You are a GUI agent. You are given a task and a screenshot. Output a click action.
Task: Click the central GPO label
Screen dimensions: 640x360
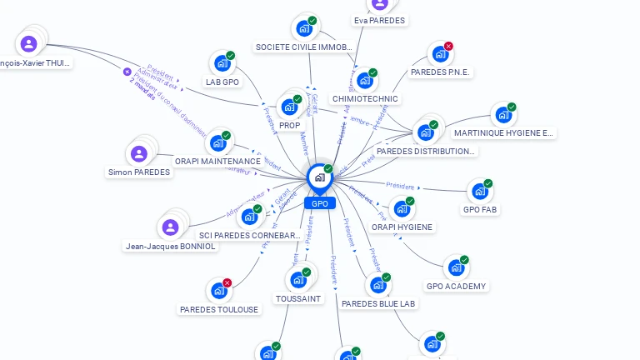320,203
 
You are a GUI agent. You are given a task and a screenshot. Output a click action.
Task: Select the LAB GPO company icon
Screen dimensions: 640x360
222,63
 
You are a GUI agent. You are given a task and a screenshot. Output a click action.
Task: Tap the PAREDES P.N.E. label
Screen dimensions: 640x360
441,72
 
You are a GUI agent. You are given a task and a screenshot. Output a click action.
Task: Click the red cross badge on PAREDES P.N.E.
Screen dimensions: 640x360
448,46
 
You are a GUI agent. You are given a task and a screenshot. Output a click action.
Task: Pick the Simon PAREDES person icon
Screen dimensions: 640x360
139,153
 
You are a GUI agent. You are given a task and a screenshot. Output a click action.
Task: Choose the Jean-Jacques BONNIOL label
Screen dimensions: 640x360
170,247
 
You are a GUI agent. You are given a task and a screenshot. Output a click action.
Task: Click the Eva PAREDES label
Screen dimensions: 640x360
379,21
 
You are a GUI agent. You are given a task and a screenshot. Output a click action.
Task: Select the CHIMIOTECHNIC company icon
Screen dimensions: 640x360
365,81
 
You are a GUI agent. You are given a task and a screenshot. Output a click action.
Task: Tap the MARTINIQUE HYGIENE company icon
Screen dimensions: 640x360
503,115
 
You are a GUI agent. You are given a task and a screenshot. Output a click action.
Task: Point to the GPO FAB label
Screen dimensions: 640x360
481,210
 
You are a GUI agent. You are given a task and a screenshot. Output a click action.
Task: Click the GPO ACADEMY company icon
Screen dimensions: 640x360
456,268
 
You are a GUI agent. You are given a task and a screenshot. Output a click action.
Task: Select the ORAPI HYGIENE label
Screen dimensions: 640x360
402,227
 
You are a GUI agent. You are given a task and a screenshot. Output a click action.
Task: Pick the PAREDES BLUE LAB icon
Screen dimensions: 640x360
378,285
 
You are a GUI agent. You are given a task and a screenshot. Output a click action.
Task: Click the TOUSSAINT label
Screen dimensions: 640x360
298,298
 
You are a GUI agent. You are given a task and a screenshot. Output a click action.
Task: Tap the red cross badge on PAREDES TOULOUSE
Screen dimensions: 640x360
227,283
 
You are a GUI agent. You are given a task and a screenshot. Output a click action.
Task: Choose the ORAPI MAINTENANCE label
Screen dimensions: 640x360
217,161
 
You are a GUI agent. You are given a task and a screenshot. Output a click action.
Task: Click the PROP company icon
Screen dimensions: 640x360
289,107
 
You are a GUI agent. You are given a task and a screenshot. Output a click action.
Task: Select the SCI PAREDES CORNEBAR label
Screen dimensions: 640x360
249,236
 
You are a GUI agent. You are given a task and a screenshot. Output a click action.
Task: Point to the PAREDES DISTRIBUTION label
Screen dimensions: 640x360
426,152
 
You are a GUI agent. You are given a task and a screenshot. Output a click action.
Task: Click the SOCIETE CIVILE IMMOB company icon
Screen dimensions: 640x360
304,28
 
